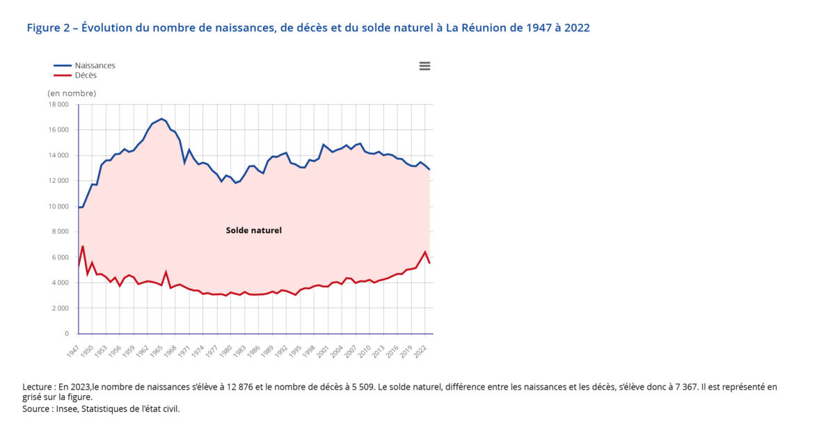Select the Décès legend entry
[x=86, y=75]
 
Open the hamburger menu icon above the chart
[x=424, y=66]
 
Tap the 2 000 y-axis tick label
[x=60, y=308]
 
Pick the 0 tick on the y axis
[x=66, y=334]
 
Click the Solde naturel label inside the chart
[x=254, y=230]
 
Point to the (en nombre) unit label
[x=72, y=93]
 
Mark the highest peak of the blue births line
[x=161, y=118]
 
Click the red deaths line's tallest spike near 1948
[x=83, y=246]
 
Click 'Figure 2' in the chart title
[x=49, y=28]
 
